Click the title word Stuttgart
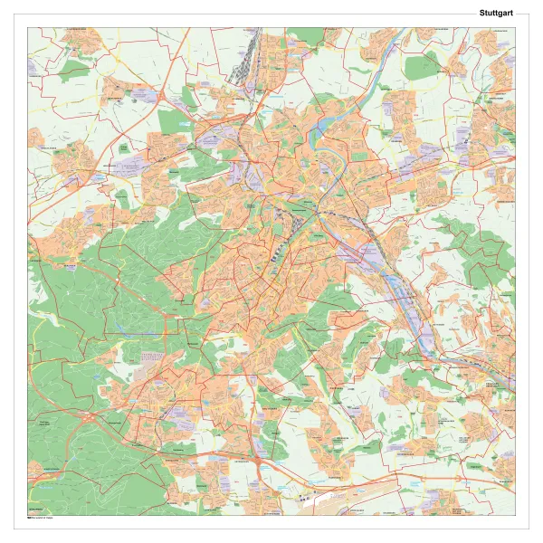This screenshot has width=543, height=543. (x=496, y=14)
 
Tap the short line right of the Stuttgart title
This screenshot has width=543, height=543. (x=522, y=14)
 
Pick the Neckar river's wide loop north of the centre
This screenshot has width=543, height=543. (x=316, y=136)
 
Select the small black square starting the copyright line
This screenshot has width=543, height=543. (x=29, y=518)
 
